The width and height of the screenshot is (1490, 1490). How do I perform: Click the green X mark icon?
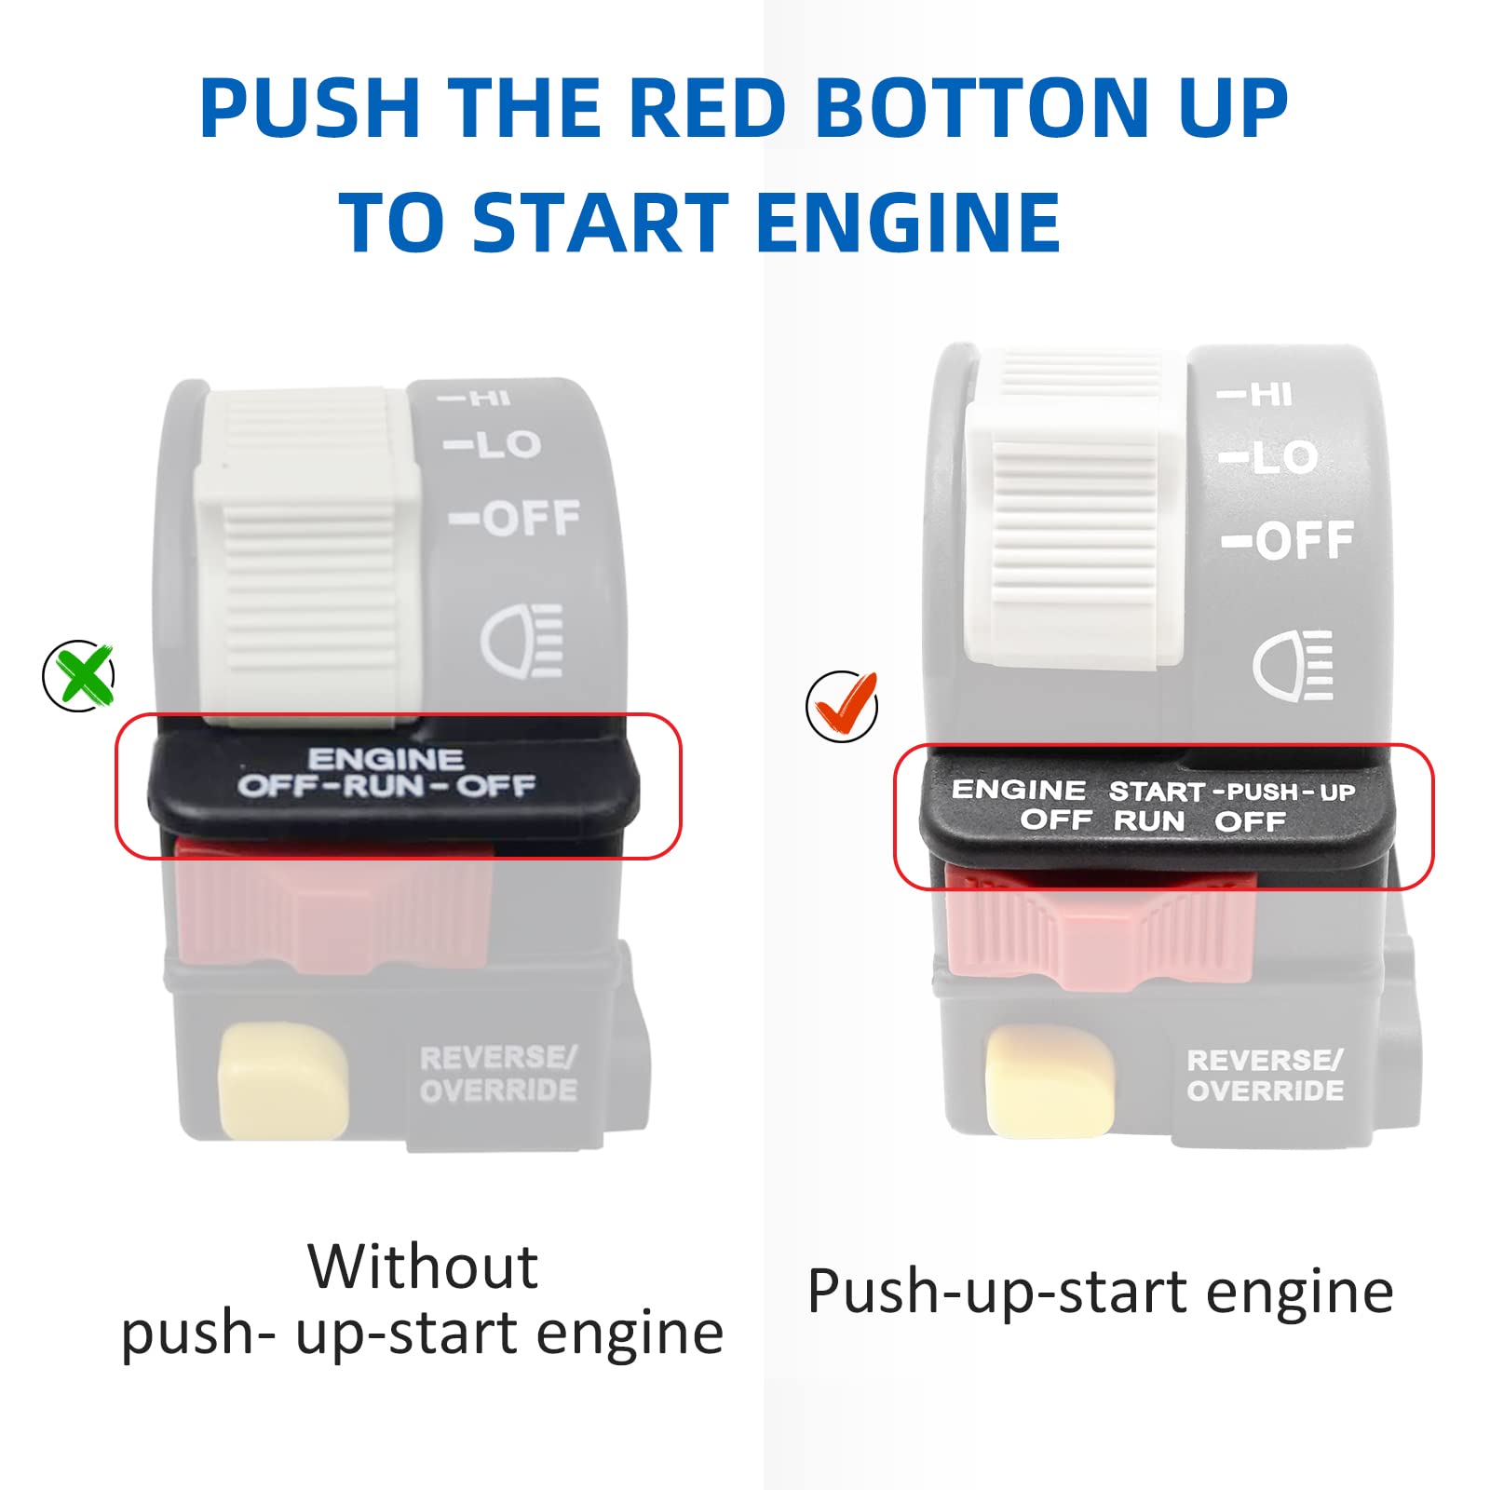[x=80, y=676]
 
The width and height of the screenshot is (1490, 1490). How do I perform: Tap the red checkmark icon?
[x=842, y=706]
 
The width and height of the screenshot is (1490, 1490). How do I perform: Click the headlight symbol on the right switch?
[x=1294, y=665]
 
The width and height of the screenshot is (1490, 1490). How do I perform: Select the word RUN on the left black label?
[x=384, y=786]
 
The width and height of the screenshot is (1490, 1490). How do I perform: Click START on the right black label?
[x=1157, y=792]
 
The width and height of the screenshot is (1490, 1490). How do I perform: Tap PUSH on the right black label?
[x=1262, y=792]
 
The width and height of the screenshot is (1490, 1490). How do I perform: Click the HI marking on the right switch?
[x=1257, y=395]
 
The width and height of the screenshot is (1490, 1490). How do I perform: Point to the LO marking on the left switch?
[x=494, y=444]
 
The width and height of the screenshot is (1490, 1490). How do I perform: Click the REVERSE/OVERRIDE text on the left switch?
[x=498, y=1074]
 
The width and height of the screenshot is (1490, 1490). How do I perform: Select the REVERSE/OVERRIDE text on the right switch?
[x=1265, y=1076]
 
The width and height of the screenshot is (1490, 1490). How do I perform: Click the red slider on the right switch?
[x=1099, y=931]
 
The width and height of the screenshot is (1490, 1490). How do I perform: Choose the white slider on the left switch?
[x=307, y=559]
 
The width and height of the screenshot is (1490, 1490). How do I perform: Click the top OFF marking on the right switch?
[x=1290, y=541]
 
